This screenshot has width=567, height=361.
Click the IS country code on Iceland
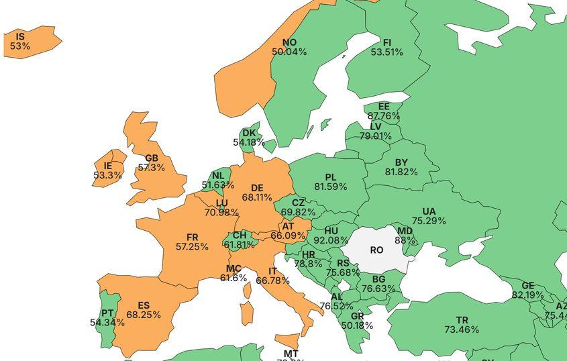coord(20,36)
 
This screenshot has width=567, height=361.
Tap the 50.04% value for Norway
coord(289,52)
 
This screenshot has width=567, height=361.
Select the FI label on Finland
coord(386,42)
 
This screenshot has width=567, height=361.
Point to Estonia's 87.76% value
coord(384,116)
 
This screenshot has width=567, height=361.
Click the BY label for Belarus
coord(401,162)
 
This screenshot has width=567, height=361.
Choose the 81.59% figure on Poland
coord(330,187)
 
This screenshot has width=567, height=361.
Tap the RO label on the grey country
coord(376,250)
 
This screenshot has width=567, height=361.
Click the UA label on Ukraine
coord(429,211)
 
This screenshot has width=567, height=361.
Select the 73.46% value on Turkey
coord(462,329)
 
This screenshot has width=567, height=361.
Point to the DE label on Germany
coord(257,188)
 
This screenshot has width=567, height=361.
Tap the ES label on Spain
coord(144,305)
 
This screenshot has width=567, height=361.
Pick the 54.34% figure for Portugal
coord(107,323)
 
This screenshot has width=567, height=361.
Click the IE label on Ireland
coord(108,166)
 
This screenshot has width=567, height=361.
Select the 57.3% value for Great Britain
coord(151,168)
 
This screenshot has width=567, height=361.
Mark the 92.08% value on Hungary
coord(331,240)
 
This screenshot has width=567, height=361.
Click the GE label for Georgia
coord(528,285)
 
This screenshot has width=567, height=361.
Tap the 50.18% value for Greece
coord(357,325)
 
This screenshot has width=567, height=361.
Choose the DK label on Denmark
coord(249,133)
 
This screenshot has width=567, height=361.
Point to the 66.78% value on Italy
coord(273,280)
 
